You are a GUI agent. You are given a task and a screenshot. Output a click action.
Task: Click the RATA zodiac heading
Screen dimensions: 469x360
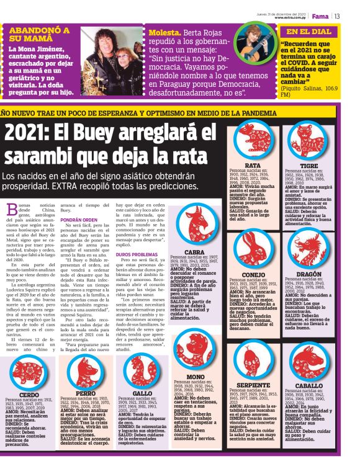click(253, 166)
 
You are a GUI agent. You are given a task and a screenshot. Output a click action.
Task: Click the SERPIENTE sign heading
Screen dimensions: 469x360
click(253, 385)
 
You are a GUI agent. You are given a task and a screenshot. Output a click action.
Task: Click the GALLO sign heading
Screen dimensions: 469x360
click(142, 393)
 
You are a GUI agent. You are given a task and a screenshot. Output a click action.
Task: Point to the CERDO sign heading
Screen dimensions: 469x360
click(28, 395)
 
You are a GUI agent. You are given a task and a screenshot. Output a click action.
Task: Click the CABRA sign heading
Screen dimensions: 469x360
click(194, 252)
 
